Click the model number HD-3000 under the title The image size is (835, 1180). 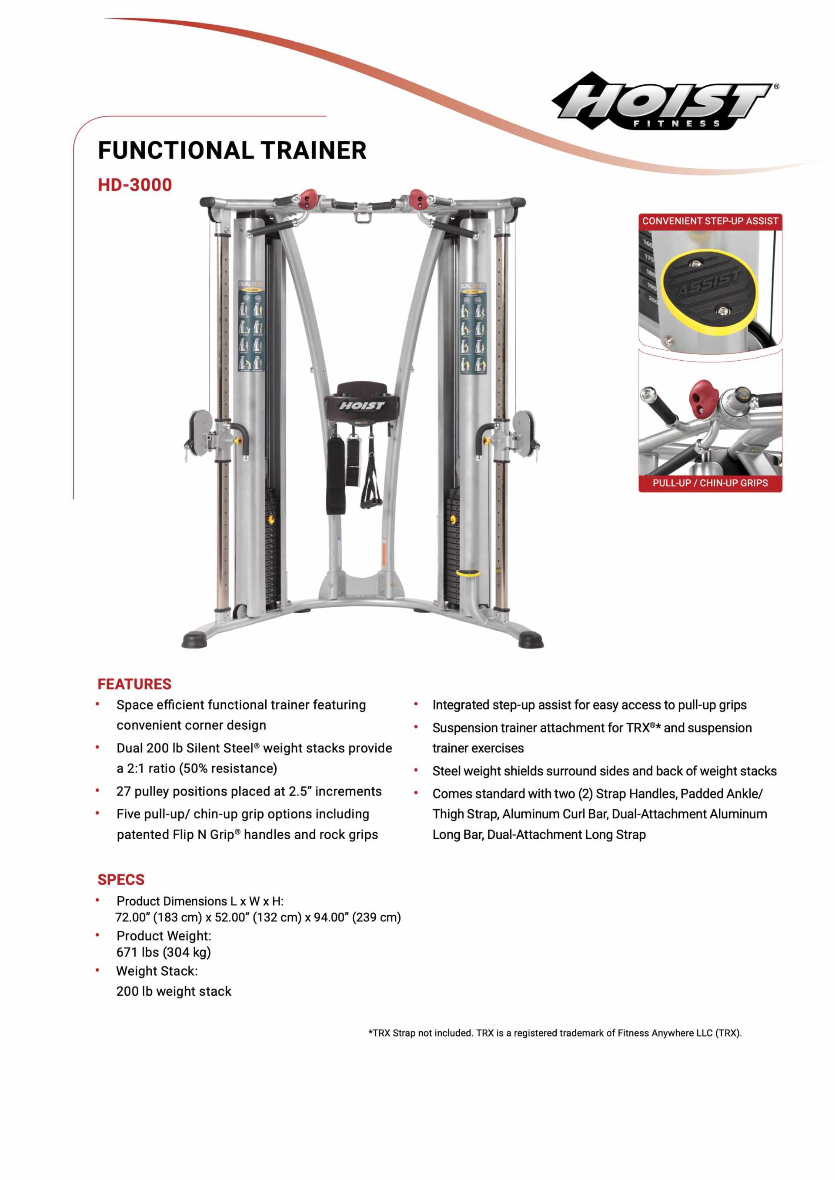click(135, 185)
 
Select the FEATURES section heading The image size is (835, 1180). click(134, 684)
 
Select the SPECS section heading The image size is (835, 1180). click(121, 879)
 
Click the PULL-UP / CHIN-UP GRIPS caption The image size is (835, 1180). click(710, 483)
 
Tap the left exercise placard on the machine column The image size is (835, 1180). click(251, 327)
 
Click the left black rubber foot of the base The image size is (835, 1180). click(195, 640)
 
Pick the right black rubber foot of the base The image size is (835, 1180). click(531, 640)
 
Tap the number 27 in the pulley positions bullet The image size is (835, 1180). click(124, 791)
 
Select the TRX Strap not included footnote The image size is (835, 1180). click(555, 1033)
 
